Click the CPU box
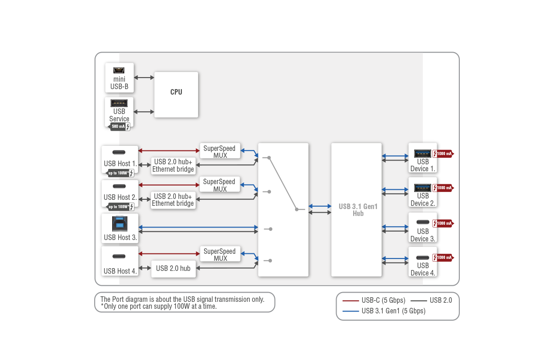(176, 94)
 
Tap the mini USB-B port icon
(119, 70)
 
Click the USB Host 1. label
(120, 163)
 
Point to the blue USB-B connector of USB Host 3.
(120, 224)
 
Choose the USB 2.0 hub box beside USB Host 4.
(173, 268)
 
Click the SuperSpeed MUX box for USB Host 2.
(220, 185)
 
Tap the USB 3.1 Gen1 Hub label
(358, 210)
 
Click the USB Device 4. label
(423, 269)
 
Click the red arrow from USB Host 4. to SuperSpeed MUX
(169, 253)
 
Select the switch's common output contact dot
(296, 210)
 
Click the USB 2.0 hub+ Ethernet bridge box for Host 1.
(173, 165)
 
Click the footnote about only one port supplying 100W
(158, 306)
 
